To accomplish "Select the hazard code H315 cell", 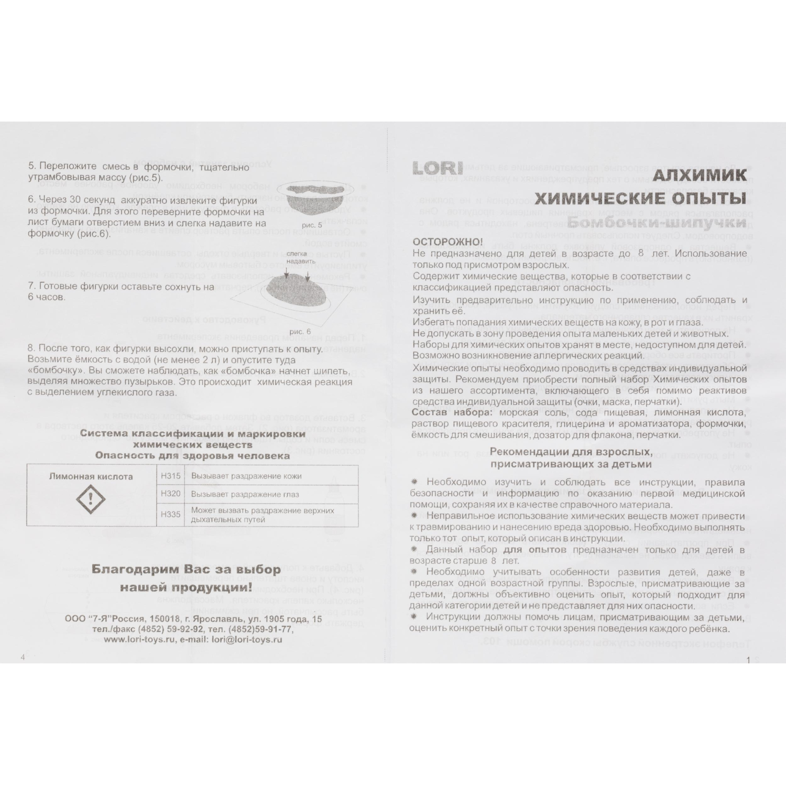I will click(171, 476).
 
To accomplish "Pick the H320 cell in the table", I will click(171, 494).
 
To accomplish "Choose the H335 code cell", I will click(171, 514).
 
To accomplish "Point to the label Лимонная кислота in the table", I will click(91, 476).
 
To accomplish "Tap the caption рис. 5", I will click(312, 224).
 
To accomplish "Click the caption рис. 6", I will click(300, 331).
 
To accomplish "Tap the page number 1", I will click(748, 660).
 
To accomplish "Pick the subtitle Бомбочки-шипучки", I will click(657, 223).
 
